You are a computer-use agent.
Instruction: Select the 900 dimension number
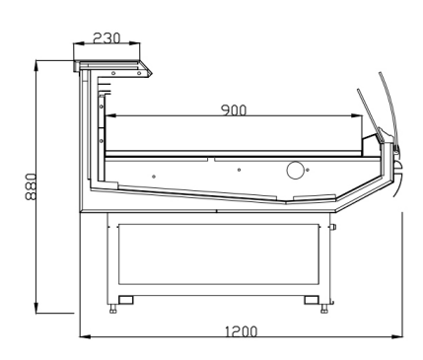pyautogui.click(x=234, y=109)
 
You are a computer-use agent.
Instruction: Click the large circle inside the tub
pyautogui.click(x=295, y=171)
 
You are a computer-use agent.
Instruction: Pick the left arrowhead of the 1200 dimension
pyautogui.click(x=84, y=337)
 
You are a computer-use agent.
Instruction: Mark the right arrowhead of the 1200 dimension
pyautogui.click(x=400, y=337)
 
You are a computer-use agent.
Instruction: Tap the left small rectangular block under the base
pyautogui.click(x=125, y=299)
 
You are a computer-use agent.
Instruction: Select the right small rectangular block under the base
pyautogui.click(x=311, y=299)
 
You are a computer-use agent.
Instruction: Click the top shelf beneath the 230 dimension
pyautogui.click(x=113, y=65)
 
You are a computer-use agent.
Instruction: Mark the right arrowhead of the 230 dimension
pyautogui.click(x=141, y=45)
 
